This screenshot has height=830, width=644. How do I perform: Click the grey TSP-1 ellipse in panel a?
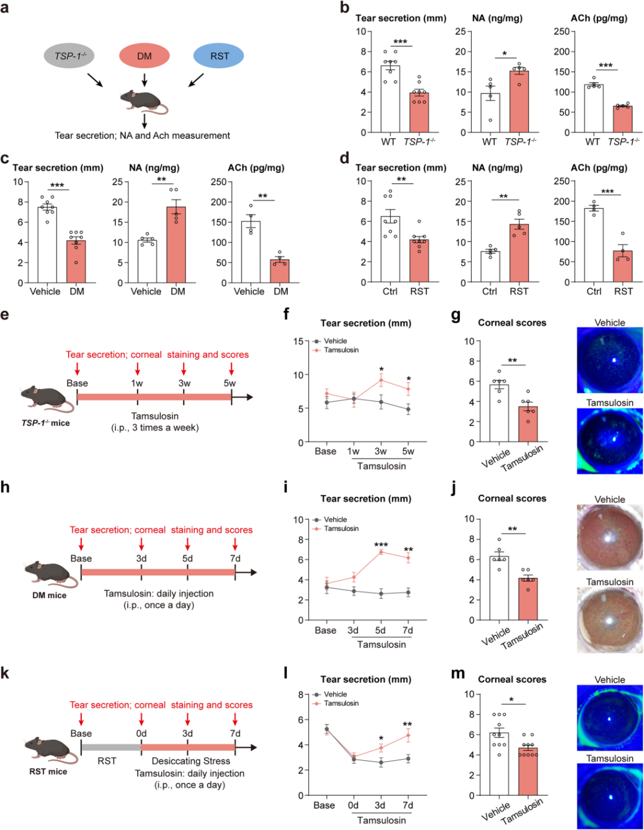pyautogui.click(x=70, y=56)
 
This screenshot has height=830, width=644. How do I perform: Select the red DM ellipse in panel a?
pyautogui.click(x=144, y=56)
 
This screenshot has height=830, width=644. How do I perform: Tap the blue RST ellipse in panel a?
pyautogui.click(x=219, y=56)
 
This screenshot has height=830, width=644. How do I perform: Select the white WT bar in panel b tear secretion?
pyautogui.click(x=390, y=99)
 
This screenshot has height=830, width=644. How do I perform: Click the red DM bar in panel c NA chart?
pyautogui.click(x=176, y=245)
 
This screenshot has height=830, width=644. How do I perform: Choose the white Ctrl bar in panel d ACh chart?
pyautogui.click(x=594, y=245)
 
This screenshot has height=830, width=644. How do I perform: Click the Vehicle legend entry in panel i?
pyautogui.click(x=335, y=519)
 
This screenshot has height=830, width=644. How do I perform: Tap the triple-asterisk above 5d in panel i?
pyautogui.click(x=381, y=545)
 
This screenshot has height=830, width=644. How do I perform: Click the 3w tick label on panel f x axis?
pyautogui.click(x=380, y=451)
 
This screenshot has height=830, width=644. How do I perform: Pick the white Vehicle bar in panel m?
pyautogui.click(x=499, y=764)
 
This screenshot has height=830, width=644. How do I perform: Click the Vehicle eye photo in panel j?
pyautogui.click(x=609, y=537)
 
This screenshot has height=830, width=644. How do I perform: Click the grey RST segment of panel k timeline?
pyautogui.click(x=111, y=747)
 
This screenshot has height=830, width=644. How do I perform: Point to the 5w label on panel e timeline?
pyautogui.click(x=230, y=383)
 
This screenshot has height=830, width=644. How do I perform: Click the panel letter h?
pyautogui.click(x=5, y=487)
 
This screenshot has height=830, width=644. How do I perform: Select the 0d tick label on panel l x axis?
pyautogui.click(x=353, y=805)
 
